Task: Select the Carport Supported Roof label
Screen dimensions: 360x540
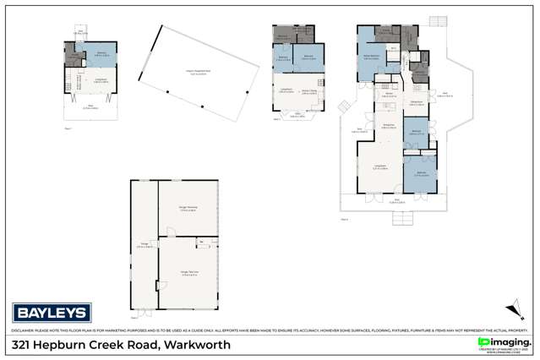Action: pos(199,72)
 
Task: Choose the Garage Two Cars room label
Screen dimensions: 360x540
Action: pos(188,271)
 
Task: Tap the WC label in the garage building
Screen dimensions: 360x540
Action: pos(201,243)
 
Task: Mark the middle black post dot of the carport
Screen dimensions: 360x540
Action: pos(203,106)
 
